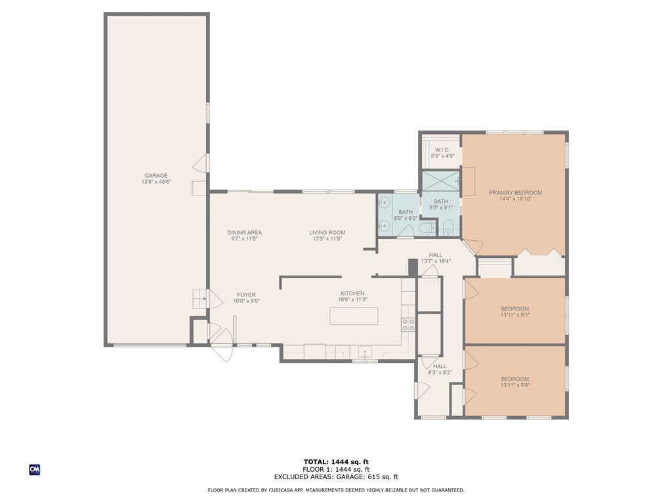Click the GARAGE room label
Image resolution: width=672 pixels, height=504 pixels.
coord(156,175)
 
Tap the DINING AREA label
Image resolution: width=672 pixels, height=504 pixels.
coord(244,233)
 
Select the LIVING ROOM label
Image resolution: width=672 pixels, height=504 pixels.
coord(327,233)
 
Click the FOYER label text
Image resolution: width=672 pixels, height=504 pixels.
coord(247,295)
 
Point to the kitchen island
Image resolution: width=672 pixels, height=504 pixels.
coord(354,316)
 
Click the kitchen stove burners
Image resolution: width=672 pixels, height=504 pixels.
coord(408,325)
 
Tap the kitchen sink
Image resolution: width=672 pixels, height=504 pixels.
coord(365,352)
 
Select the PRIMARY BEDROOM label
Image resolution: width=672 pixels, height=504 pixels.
coord(515,193)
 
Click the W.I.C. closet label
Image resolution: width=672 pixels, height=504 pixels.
coord(442,150)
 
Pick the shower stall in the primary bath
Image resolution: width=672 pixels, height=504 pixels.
coord(441,181)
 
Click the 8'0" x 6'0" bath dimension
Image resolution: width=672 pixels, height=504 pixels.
coord(406,218)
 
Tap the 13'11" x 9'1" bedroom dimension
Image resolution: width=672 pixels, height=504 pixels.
coord(514,315)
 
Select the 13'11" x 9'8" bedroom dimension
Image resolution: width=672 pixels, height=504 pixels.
coord(514,385)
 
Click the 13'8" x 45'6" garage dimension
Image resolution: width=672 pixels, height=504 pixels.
coord(156,182)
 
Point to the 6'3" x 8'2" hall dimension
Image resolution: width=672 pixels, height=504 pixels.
coord(440,373)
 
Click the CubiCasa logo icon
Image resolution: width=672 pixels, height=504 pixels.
coord(35,470)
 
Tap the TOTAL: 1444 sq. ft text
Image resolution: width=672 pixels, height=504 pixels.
coord(336,462)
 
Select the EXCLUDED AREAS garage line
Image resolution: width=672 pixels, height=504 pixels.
coord(336,476)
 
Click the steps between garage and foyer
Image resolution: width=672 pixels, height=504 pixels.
coord(200,299)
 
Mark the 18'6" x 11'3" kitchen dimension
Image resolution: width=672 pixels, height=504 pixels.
coord(352,300)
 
